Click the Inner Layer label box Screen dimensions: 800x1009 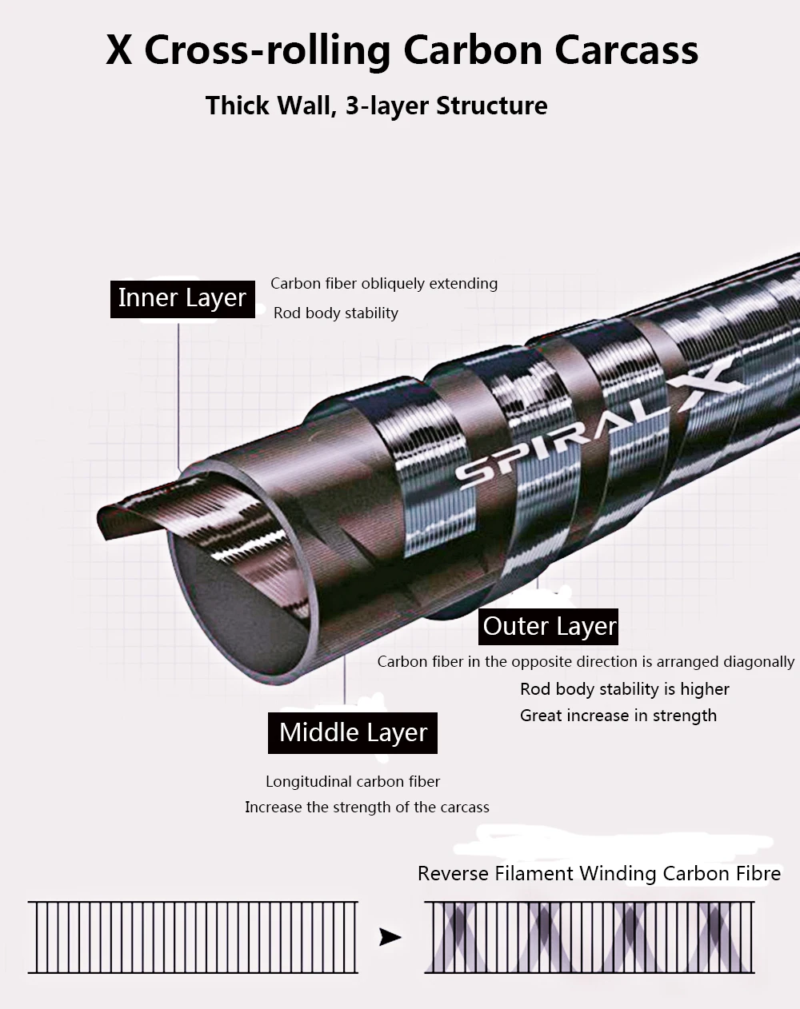point(182,299)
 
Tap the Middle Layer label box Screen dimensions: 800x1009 point(352,733)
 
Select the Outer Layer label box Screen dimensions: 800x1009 point(548,626)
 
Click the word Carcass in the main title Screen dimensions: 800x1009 point(626,50)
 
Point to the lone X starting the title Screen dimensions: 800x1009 point(118,50)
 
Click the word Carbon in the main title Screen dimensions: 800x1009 point(472,50)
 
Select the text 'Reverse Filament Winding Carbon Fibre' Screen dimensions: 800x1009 point(599,874)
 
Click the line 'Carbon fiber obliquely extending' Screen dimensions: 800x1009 point(384,284)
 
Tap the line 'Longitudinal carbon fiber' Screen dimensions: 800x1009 point(353,782)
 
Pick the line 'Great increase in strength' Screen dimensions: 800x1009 point(618,716)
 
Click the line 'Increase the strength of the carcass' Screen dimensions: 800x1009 point(367,808)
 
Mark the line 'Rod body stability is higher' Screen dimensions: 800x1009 point(625,689)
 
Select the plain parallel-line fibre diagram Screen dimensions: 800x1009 point(193,938)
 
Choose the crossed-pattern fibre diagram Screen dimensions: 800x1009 point(590,938)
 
